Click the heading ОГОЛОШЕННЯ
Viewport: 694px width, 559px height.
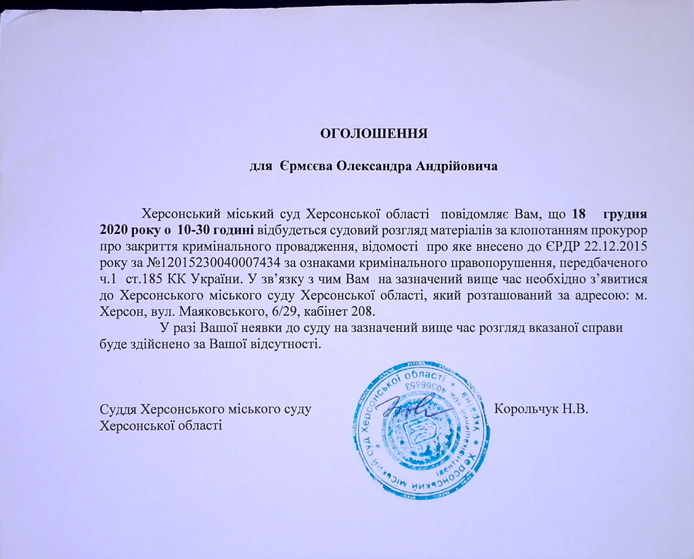pyautogui.click(x=374, y=134)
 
